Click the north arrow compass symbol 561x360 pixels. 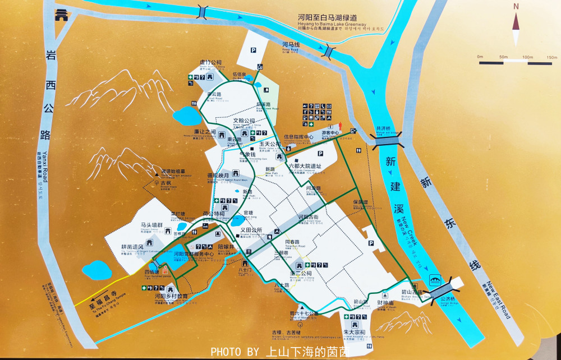point(516,25)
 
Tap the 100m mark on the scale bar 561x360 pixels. point(527,57)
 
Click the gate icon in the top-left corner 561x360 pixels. point(60,15)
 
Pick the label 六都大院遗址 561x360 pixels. point(305,166)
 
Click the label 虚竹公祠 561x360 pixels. point(210,62)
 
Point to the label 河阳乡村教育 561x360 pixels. point(171,296)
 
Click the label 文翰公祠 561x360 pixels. point(244,121)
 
